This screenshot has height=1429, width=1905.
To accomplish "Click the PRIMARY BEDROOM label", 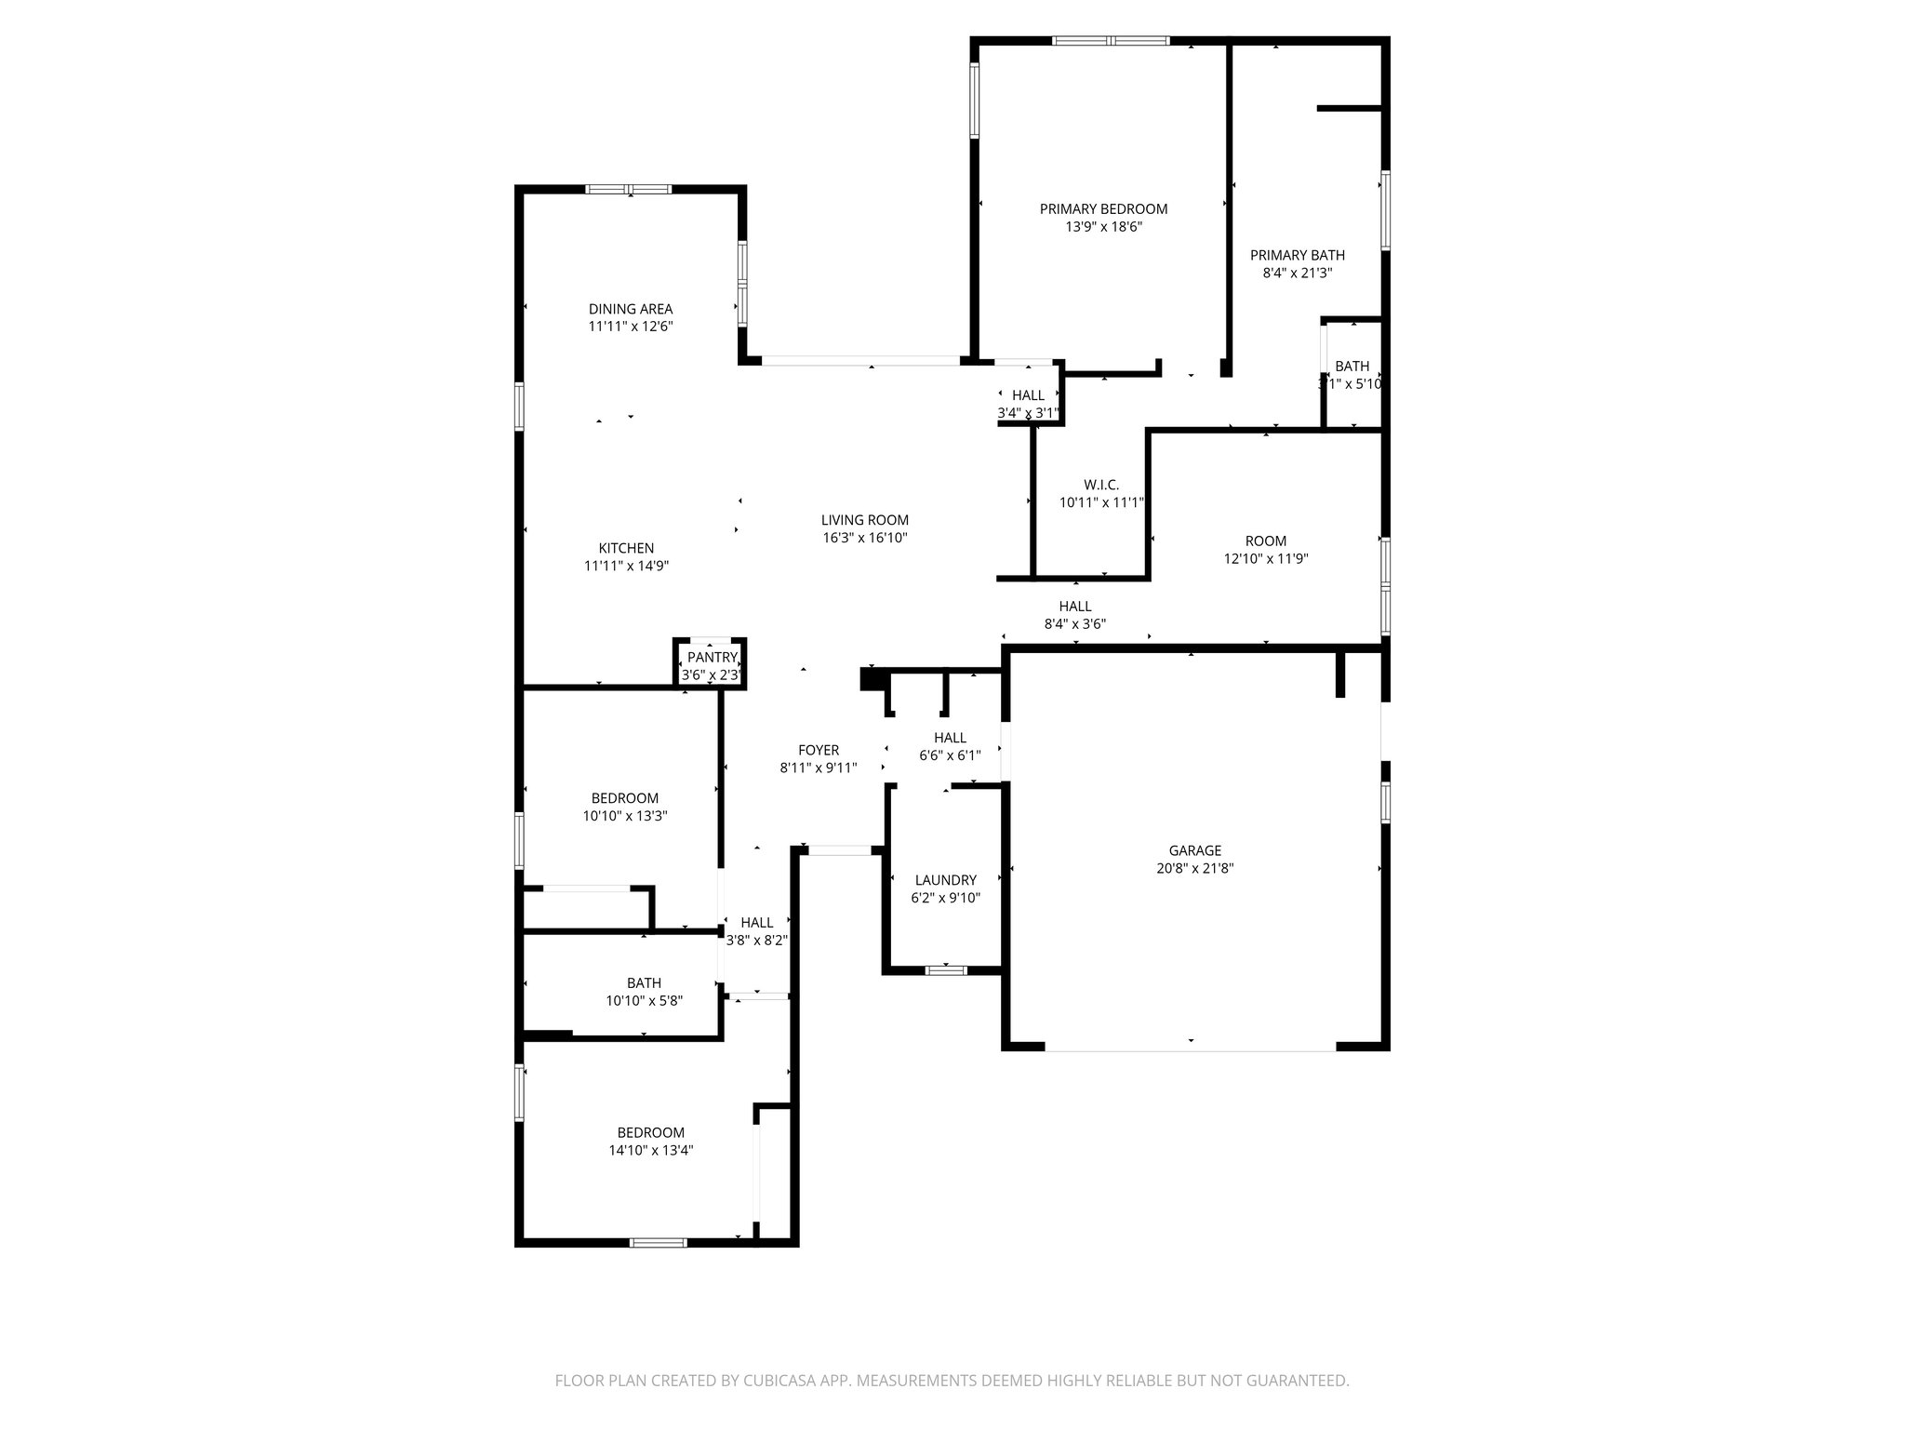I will point(1103,209).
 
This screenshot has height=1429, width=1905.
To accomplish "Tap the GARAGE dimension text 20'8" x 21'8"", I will point(1195,868).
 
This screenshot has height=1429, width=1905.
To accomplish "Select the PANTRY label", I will point(712,658).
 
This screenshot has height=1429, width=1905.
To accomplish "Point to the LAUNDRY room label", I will point(945,880).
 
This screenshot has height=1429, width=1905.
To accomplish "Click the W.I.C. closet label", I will point(1101,485).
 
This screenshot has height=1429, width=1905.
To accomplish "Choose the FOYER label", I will point(819,750).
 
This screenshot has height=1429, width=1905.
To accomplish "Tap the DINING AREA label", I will point(630,309).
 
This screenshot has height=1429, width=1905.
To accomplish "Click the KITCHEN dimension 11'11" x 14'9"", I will point(626,566).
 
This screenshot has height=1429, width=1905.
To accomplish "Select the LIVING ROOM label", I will point(864,520).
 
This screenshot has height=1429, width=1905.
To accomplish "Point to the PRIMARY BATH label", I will point(1297,255).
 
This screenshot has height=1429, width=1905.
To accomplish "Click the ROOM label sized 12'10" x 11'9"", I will point(1265,541).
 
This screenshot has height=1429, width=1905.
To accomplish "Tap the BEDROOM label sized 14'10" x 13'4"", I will point(650,1132).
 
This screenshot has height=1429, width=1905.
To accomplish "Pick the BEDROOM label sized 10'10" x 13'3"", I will point(624,798).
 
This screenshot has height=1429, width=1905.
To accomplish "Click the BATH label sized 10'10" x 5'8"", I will point(644,982).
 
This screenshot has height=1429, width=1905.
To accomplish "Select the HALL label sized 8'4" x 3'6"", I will point(1074,607).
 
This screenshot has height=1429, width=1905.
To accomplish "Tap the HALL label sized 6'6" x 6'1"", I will point(950,738).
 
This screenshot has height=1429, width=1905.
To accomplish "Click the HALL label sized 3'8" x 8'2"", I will point(756,922).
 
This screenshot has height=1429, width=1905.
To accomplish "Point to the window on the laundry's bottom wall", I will point(946,970).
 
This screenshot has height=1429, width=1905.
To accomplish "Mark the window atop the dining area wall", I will point(629,190).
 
